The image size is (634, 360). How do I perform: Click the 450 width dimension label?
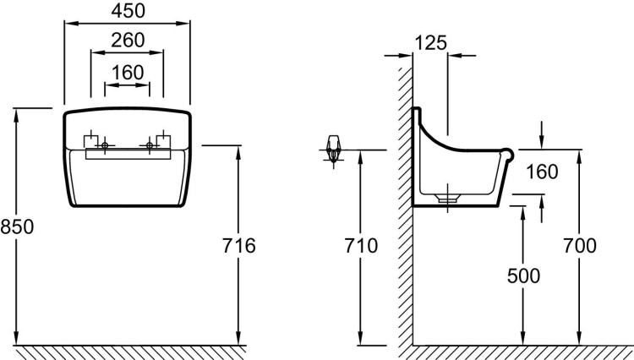(128, 11)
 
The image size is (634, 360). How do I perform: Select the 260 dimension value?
(128, 41)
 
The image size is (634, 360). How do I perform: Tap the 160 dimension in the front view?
(128, 73)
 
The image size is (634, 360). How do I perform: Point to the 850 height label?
(17, 226)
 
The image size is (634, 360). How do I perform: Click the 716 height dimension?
(239, 246)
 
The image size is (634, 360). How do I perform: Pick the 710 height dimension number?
(361, 246)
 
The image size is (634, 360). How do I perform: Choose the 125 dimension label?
(431, 43)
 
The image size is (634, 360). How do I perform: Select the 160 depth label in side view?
(542, 172)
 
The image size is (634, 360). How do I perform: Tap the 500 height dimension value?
(523, 276)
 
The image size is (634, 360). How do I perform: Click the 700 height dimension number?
(580, 246)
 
